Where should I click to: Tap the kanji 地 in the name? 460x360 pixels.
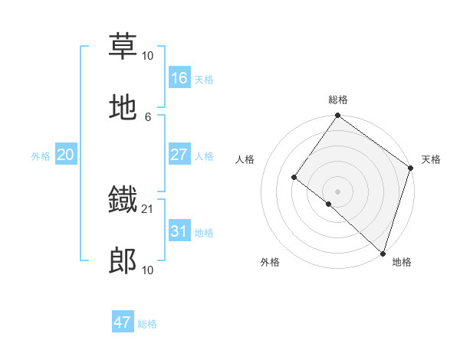click(123, 108)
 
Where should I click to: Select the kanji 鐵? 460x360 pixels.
click(123, 201)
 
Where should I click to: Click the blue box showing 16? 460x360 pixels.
click(179, 77)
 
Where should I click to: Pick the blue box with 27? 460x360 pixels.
click(179, 155)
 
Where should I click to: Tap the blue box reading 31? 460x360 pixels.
click(179, 231)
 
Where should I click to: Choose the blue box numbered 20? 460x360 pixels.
click(65, 155)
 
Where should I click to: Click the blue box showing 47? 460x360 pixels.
click(123, 322)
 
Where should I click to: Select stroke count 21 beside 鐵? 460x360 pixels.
click(148, 208)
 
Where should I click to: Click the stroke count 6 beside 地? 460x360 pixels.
click(148, 116)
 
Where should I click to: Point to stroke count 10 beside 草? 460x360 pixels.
click(148, 55)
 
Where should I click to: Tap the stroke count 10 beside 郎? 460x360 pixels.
click(148, 270)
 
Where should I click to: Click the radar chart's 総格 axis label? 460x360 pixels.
click(338, 100)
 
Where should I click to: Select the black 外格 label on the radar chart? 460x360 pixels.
click(270, 262)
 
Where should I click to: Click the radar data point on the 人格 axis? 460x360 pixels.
click(294, 178)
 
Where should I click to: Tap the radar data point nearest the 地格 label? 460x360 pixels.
click(383, 252)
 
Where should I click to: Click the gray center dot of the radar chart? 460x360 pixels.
click(337, 191)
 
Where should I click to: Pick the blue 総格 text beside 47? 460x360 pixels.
click(147, 324)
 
